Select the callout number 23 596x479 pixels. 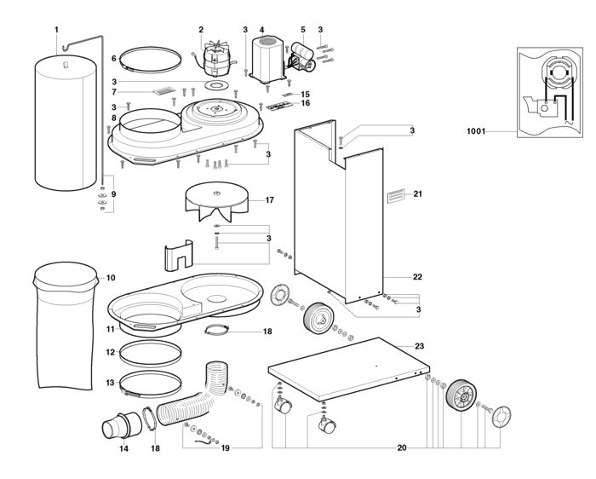coord(419,345)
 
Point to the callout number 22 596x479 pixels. coord(417,277)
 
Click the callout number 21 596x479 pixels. coord(418,194)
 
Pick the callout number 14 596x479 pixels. coord(123,447)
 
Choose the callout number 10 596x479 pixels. coord(110,278)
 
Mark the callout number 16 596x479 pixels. coord(305,103)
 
